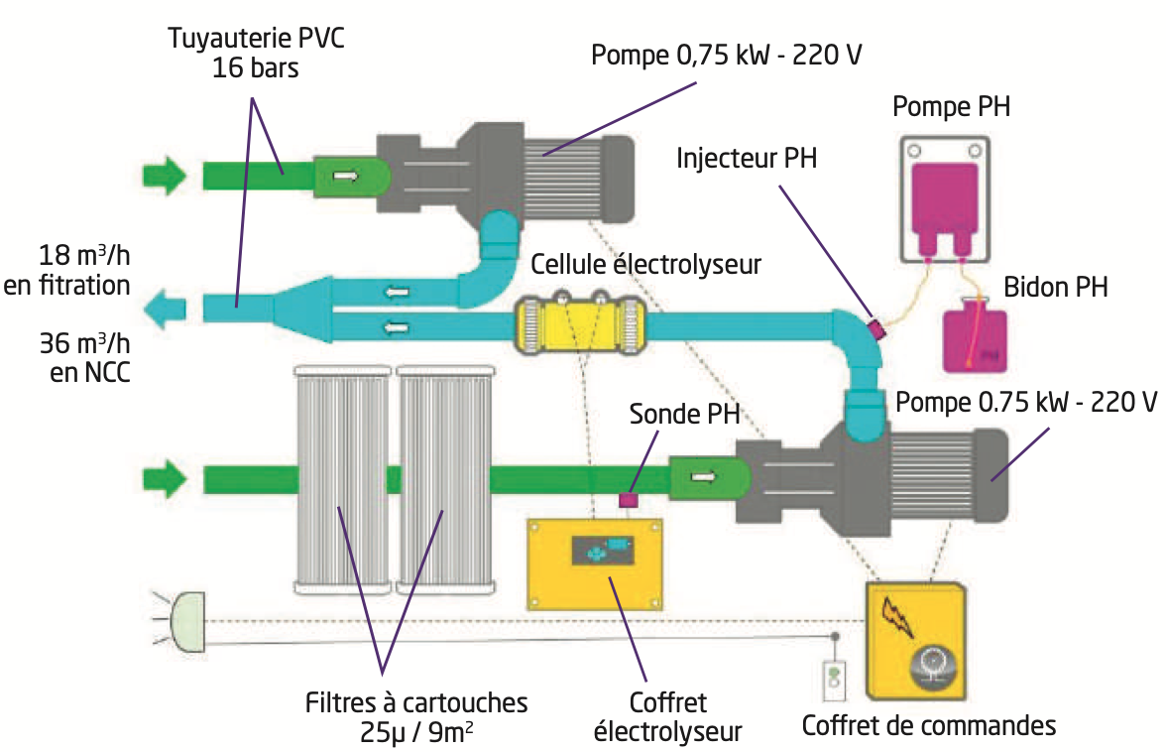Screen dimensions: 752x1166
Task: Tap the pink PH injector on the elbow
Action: point(874,327)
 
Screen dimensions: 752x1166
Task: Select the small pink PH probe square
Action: point(628,500)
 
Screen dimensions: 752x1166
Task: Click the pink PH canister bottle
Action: point(975,339)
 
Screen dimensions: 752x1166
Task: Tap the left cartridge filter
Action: point(343,478)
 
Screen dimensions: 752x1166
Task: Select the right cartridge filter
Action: point(444,478)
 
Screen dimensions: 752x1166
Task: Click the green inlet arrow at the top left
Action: point(164,176)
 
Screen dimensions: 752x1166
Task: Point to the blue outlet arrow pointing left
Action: point(164,310)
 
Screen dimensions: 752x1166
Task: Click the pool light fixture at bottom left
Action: point(186,619)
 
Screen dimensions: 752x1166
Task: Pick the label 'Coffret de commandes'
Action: point(928,725)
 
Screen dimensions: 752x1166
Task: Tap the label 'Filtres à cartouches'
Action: point(415,702)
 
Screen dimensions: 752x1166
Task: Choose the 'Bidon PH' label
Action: point(1055,288)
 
